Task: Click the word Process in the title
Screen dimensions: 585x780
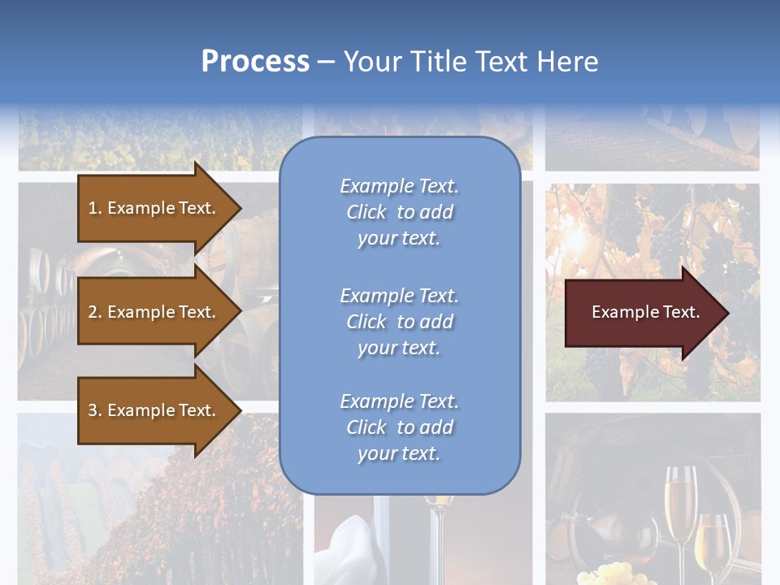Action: (x=255, y=62)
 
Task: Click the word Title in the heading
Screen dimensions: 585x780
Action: (x=438, y=62)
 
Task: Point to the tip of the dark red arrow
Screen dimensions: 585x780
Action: (x=727, y=313)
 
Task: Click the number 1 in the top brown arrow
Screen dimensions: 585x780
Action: (x=93, y=208)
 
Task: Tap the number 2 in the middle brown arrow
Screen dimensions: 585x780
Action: (x=93, y=312)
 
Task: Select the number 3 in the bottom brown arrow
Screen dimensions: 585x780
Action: (x=93, y=410)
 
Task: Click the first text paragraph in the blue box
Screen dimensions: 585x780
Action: (x=399, y=212)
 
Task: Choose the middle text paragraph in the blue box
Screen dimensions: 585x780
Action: (x=399, y=322)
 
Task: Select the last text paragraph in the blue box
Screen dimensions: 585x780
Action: (x=399, y=427)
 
